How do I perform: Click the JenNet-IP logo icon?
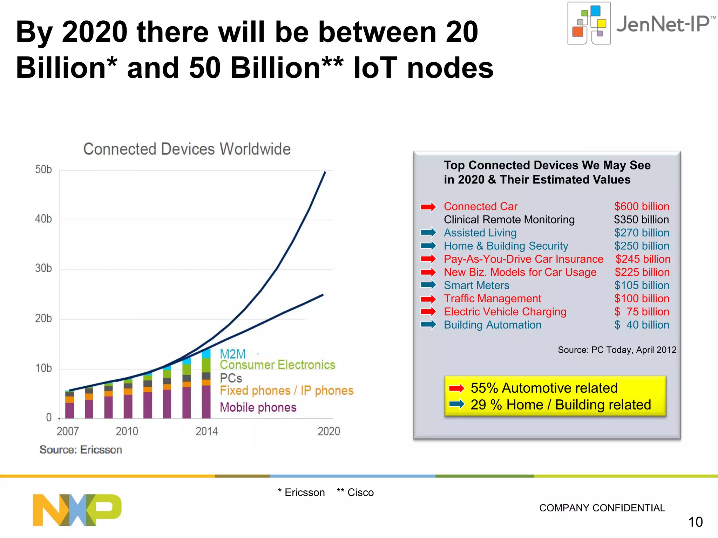[589, 23]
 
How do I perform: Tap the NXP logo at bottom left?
[77, 510]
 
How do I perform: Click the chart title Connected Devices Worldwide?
[187, 149]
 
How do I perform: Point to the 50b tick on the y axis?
[43, 170]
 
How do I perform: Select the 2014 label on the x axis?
[206, 431]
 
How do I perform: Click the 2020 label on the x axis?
[328, 431]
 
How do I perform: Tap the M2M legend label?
[233, 354]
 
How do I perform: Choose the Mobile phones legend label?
[258, 407]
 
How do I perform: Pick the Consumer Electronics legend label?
[277, 365]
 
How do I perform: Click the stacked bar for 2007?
[70, 405]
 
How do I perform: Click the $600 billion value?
[642, 206]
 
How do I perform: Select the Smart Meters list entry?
[476, 285]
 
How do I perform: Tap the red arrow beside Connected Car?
[428, 207]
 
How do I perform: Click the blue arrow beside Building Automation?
[428, 325]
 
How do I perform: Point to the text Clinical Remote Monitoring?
[509, 220]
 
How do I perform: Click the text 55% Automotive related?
[544, 388]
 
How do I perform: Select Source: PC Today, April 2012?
[617, 350]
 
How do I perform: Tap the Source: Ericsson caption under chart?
[81, 449]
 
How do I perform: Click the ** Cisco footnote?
[355, 492]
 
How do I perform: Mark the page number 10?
[695, 522]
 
